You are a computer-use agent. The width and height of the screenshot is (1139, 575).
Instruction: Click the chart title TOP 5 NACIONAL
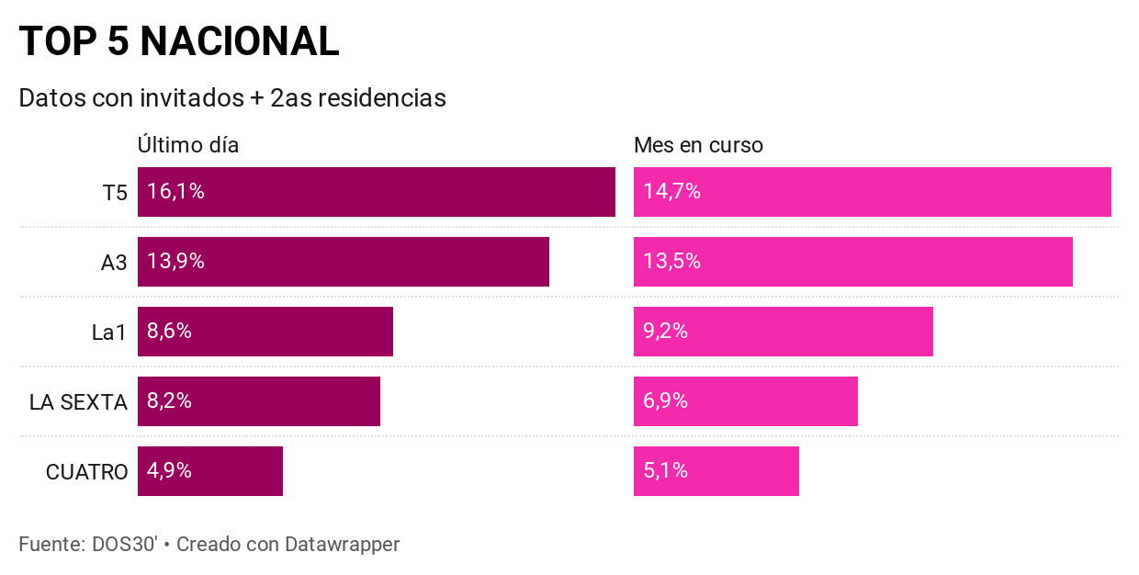tap(179, 41)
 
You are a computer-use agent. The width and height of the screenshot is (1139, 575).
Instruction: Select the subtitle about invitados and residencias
tap(232, 98)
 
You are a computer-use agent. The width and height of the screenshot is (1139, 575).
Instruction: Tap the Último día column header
tap(188, 145)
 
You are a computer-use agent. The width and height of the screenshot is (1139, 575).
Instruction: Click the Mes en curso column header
tap(698, 145)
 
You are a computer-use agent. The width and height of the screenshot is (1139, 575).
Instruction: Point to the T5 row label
tap(115, 193)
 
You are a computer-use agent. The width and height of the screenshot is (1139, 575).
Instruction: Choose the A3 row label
tap(114, 263)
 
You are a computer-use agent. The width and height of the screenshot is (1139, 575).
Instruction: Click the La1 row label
tap(109, 333)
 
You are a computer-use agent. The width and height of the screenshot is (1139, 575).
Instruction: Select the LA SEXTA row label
tap(78, 402)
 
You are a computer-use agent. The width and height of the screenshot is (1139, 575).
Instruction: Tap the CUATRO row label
tap(86, 472)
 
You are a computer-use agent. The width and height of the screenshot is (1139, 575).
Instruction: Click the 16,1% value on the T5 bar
tap(175, 192)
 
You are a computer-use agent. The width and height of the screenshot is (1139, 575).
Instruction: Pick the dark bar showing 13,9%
tap(343, 262)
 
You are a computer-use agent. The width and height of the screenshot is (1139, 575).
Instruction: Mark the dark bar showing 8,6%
tap(265, 332)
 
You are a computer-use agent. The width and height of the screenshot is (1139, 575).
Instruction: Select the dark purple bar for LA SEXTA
tap(258, 401)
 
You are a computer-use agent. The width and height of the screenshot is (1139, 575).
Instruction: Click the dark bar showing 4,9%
tap(209, 471)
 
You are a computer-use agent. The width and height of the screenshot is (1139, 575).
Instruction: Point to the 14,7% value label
tap(671, 192)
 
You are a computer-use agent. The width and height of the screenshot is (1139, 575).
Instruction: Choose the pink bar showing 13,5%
tap(852, 262)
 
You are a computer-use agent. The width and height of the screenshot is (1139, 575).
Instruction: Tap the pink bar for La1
tap(783, 332)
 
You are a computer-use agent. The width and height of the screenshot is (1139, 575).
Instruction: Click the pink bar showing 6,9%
tap(745, 401)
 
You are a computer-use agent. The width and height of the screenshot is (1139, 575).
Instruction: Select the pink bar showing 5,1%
tap(716, 471)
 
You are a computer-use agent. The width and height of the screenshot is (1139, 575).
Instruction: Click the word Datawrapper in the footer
tap(342, 544)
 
